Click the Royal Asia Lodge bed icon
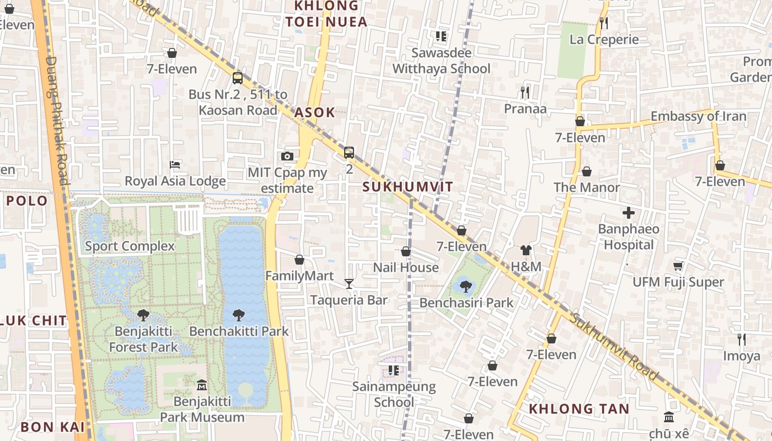click(x=175, y=165)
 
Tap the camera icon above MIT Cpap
click(x=287, y=157)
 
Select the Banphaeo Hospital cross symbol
click(x=628, y=213)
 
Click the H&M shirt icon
click(x=526, y=251)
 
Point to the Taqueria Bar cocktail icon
click(x=349, y=284)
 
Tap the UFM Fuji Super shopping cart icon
click(x=678, y=266)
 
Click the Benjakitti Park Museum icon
click(x=202, y=385)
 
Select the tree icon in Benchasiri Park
click(x=466, y=286)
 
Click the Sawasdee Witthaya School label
click(x=441, y=61)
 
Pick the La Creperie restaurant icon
click(x=604, y=23)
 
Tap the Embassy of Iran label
click(x=698, y=116)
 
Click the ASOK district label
click(x=314, y=112)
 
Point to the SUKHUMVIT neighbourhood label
click(x=408, y=187)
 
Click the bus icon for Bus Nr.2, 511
click(x=237, y=78)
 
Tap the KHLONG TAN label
click(x=579, y=409)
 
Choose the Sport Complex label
click(x=130, y=246)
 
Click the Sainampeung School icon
click(x=393, y=370)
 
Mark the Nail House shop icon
click(x=406, y=252)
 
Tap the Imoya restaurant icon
click(x=742, y=340)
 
